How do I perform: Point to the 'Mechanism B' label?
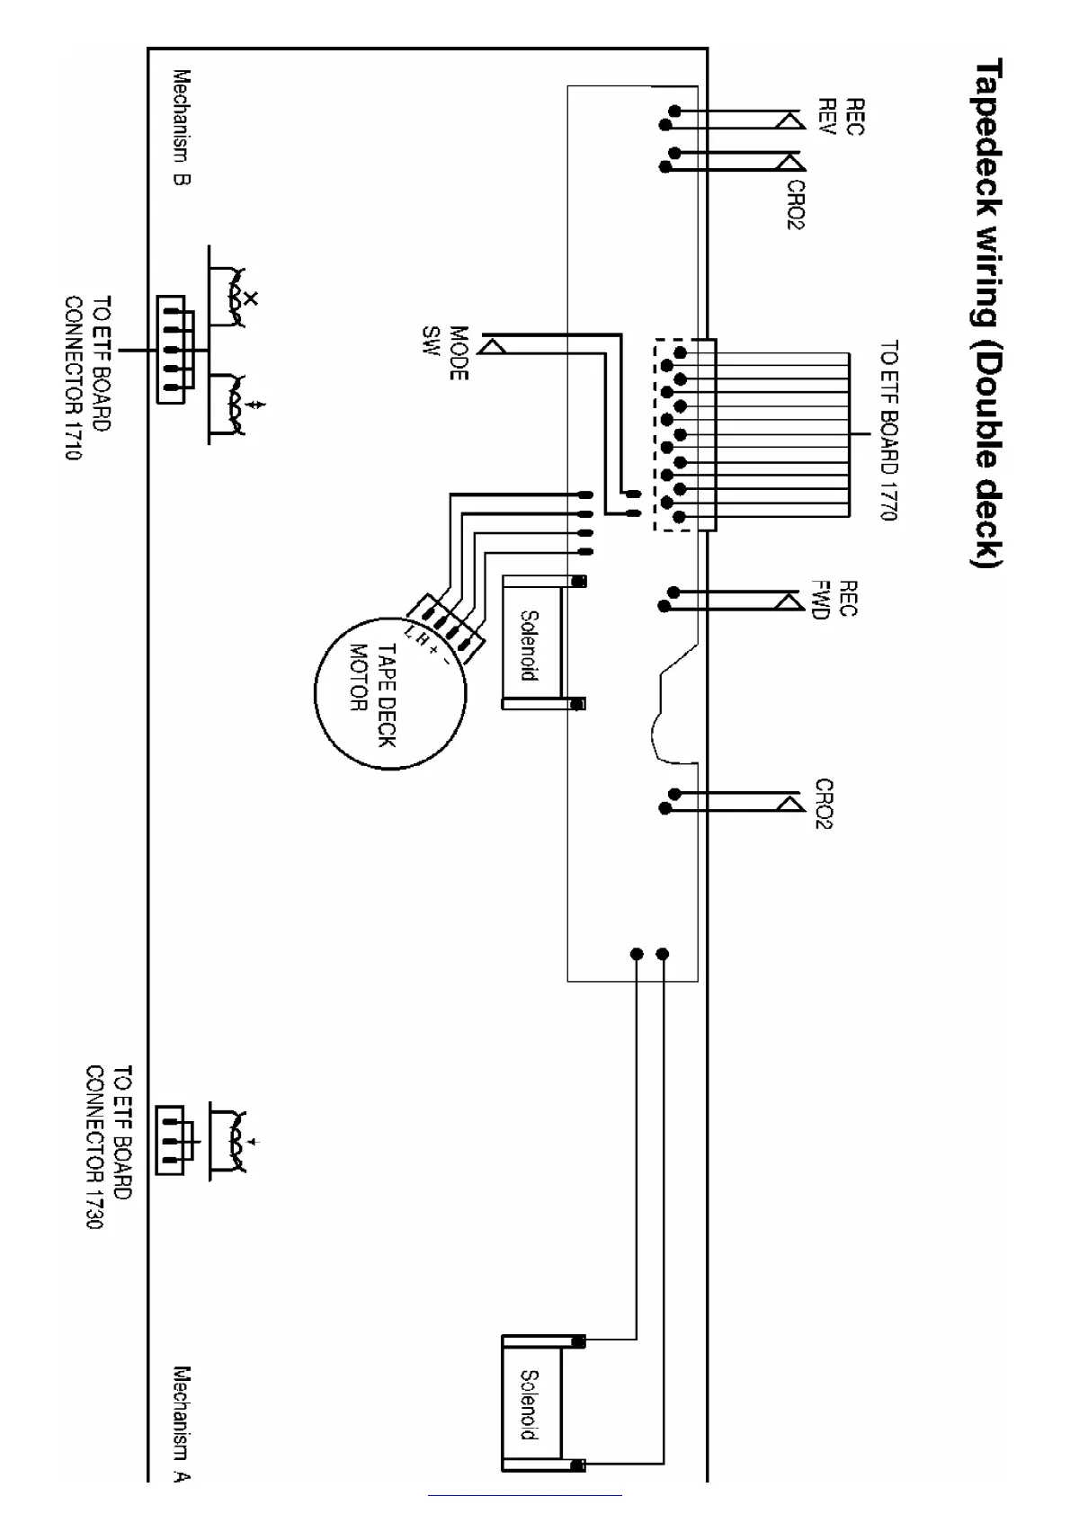[x=182, y=128]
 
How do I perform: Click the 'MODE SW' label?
[x=446, y=352]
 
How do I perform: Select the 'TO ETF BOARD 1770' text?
[x=888, y=430]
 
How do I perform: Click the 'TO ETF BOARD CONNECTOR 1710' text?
[x=87, y=378]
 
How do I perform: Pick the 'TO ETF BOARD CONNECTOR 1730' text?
[x=110, y=1147]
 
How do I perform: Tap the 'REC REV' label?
[x=840, y=117]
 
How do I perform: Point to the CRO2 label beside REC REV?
[x=796, y=205]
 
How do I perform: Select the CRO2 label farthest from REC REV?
[x=824, y=803]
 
